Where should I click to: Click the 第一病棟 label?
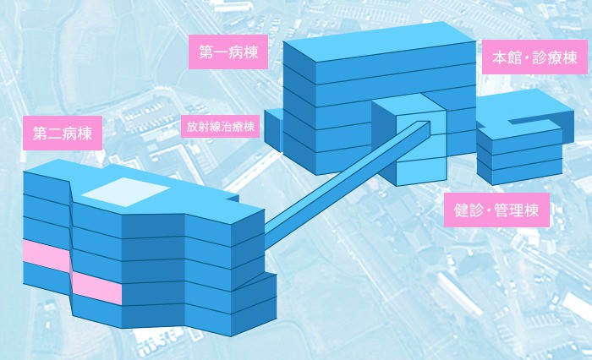click(x=228, y=52)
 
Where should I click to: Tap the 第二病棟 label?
click(x=63, y=134)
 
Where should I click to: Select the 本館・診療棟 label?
click(x=534, y=57)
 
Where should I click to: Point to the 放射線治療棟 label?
click(x=221, y=127)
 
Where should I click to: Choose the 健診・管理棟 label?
click(x=496, y=210)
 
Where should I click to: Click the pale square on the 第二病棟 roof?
click(x=125, y=192)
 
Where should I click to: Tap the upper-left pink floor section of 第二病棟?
click(x=46, y=255)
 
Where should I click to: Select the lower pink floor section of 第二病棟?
click(x=97, y=287)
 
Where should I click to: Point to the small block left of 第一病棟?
click(x=273, y=130)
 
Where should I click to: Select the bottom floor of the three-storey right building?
click(x=520, y=172)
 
